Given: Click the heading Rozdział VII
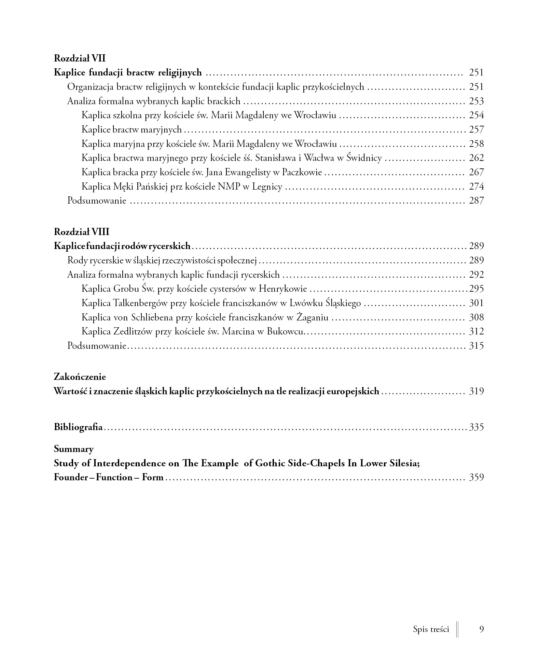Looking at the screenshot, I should (x=80, y=58).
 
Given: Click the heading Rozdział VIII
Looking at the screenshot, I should (x=82, y=232).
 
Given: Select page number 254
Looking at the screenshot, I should (x=476, y=115).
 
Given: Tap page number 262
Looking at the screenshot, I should (x=476, y=158).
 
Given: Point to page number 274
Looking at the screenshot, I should (x=476, y=187).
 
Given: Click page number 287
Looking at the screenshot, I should (x=476, y=201).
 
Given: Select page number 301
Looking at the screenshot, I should (x=476, y=303).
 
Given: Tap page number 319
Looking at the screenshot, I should (x=476, y=391).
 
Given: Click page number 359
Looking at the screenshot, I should (x=476, y=477).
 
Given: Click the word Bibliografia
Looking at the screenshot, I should (x=78, y=427).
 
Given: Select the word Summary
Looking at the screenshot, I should (x=74, y=449).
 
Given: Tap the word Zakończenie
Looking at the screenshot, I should (x=80, y=377).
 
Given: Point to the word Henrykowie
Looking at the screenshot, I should (x=283, y=289).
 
